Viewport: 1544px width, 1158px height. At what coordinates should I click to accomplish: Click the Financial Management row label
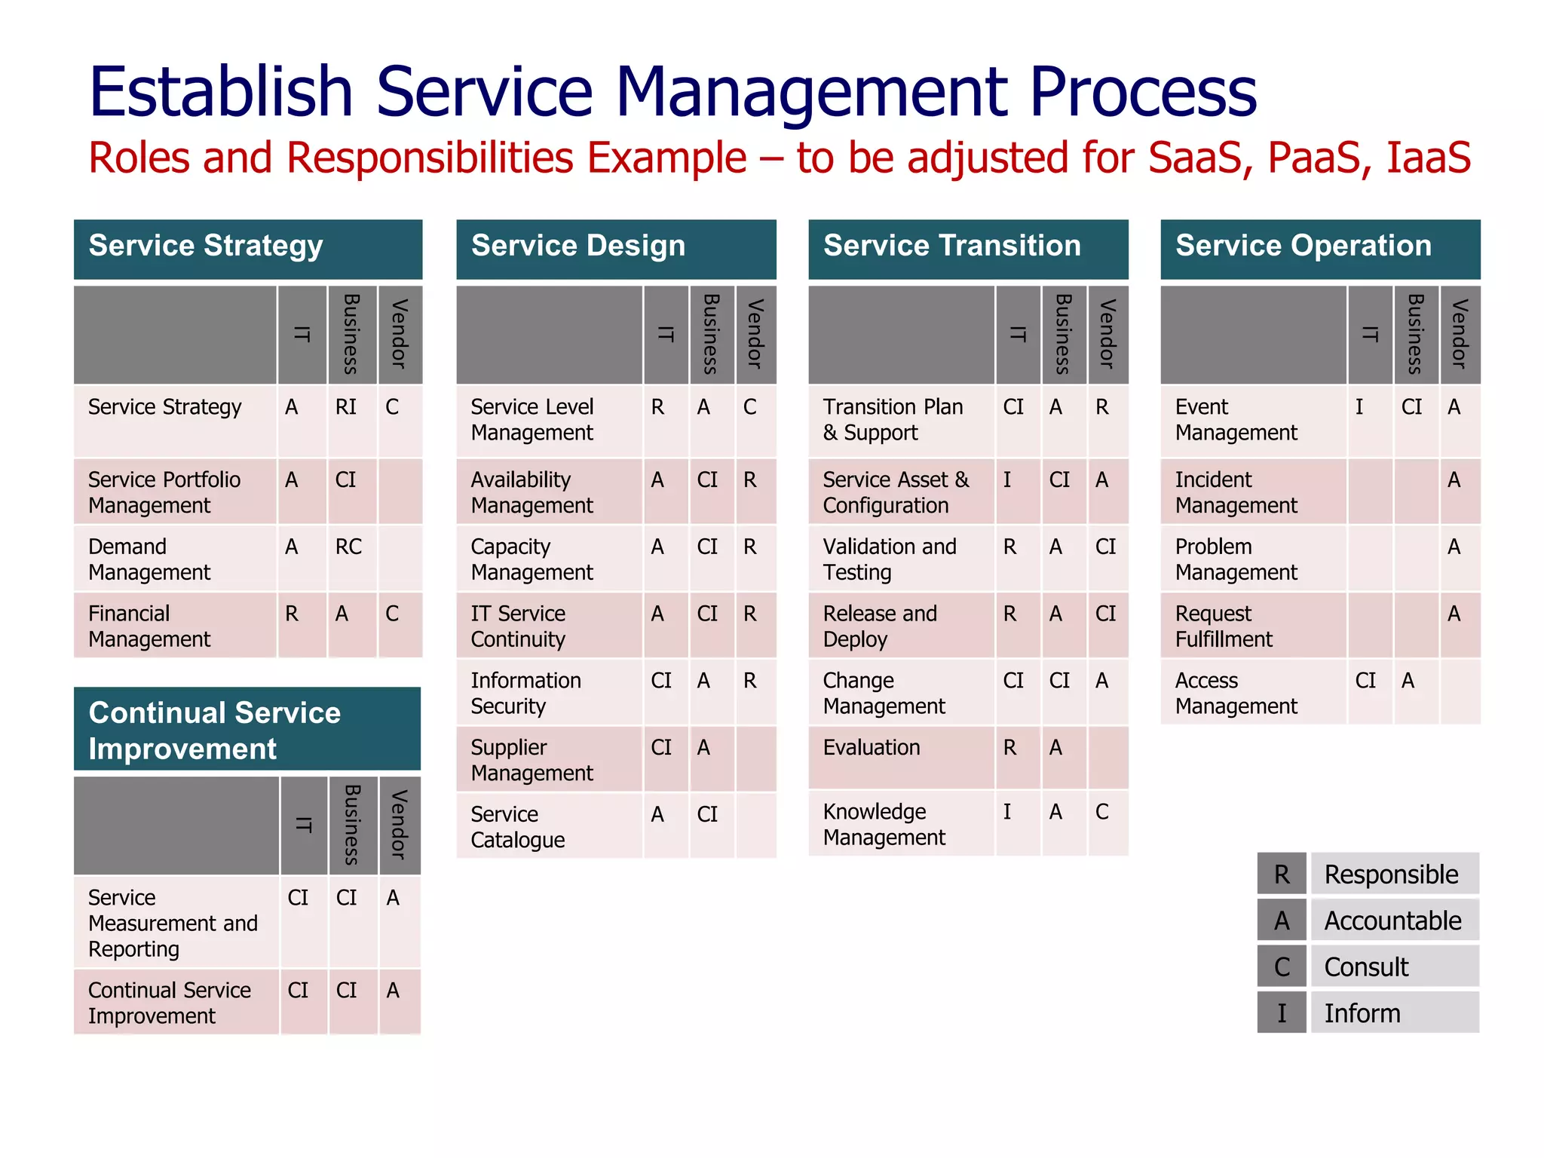pos(149,626)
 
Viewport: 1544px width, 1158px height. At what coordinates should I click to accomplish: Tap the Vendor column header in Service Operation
pos(1460,334)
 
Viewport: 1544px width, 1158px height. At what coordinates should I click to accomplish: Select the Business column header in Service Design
pos(711,334)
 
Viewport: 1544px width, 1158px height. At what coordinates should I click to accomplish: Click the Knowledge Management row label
pos(884,824)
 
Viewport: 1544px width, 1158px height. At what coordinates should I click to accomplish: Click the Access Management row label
pos(1236,693)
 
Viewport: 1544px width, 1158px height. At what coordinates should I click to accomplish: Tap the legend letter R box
pos(1282,875)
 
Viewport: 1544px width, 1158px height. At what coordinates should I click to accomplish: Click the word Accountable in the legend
pos(1392,921)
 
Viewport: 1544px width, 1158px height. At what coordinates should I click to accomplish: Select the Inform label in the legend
pos(1362,1013)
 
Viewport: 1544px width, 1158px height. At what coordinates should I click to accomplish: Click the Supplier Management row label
pos(532,760)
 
